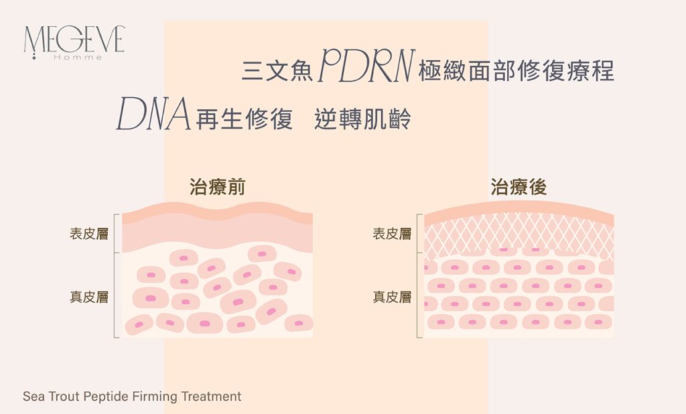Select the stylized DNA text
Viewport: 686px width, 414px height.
point(153,113)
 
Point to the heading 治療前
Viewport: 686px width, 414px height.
point(217,187)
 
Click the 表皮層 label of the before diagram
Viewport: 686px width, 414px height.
point(90,234)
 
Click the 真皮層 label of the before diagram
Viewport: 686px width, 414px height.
point(90,296)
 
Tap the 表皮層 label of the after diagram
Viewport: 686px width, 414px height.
point(392,234)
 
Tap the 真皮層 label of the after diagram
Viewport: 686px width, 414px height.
point(392,296)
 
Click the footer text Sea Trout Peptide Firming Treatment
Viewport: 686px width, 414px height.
point(132,397)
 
